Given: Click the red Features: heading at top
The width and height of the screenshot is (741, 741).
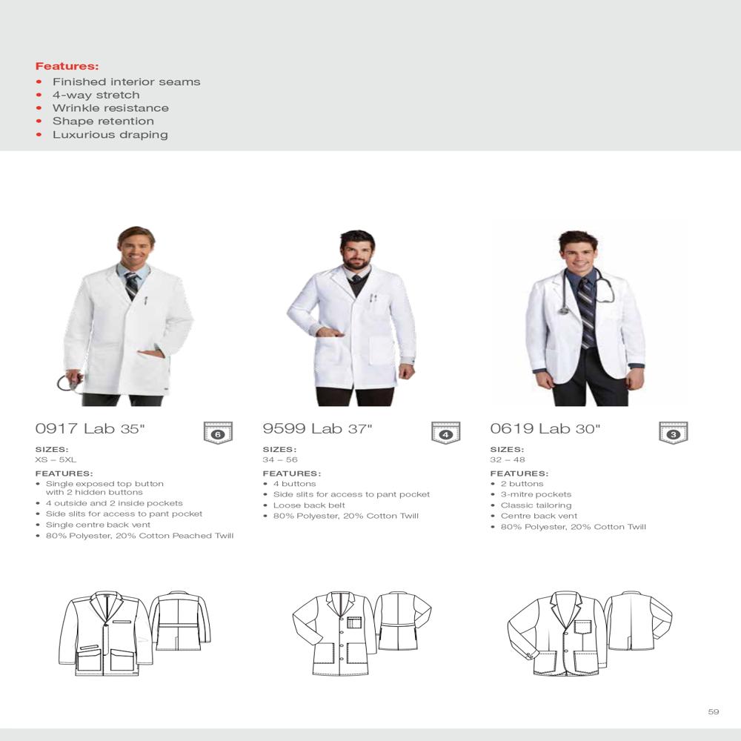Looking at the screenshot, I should [x=67, y=66].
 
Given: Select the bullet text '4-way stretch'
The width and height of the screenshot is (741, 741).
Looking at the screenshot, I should [x=96, y=95].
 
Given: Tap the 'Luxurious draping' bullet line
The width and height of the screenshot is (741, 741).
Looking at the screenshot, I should [x=110, y=134].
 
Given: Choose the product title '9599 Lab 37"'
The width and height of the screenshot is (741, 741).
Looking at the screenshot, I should [x=317, y=428].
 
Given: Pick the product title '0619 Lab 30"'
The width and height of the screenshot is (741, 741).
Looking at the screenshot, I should [x=545, y=428].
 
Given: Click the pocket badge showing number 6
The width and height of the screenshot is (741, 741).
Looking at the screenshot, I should [x=218, y=433].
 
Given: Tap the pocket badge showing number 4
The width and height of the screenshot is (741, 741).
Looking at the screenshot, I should [x=445, y=433].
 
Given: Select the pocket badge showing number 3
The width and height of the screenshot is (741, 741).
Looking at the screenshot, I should [x=673, y=433].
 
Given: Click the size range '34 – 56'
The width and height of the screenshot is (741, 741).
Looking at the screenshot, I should [x=280, y=459].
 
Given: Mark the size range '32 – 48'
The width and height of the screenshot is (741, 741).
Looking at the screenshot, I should [x=508, y=459].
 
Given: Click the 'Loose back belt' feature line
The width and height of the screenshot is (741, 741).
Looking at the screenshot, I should [x=309, y=505].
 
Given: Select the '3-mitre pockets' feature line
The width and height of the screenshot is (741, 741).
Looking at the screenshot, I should [x=536, y=494].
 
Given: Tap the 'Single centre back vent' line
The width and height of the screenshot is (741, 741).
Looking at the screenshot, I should [x=98, y=525].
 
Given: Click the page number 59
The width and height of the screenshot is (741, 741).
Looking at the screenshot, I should [x=714, y=712].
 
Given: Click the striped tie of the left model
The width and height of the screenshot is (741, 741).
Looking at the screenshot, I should [x=131, y=285].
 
